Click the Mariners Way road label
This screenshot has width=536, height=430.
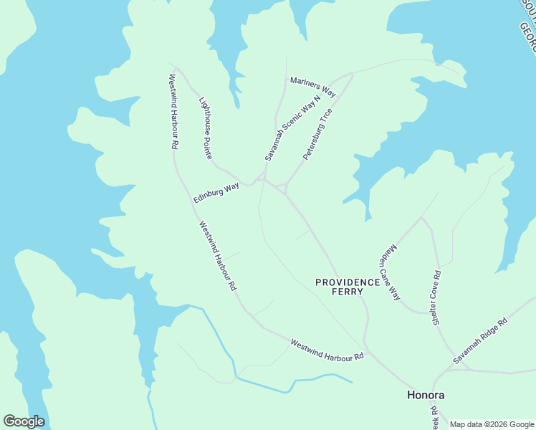(x=312, y=86)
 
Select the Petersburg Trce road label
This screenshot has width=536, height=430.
(x=317, y=134)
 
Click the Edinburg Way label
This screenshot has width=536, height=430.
(x=216, y=193)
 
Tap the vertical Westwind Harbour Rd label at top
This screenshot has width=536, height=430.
(x=173, y=111)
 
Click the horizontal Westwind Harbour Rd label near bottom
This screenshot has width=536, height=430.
(x=327, y=350)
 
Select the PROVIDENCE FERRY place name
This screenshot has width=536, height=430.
(x=348, y=287)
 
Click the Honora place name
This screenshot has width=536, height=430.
(x=426, y=395)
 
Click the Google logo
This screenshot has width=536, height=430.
(x=24, y=421)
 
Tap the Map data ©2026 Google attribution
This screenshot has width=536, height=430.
(x=491, y=424)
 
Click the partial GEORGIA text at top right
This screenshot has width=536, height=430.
(x=527, y=36)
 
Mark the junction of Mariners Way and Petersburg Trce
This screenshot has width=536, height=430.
(x=351, y=75)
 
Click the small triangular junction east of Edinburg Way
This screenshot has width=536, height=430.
(x=282, y=188)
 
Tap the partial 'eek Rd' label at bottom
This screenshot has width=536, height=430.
(x=435, y=414)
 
